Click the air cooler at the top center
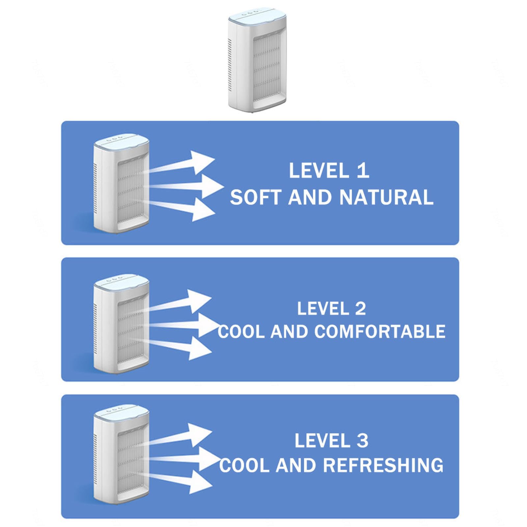click(257, 61)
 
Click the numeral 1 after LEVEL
click(363, 171)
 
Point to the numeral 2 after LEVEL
click(360, 309)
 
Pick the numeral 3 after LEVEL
click(362, 441)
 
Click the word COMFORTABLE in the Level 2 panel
click(380, 331)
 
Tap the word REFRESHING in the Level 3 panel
click(383, 465)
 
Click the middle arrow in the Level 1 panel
click(186, 186)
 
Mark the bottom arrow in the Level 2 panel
click(180, 347)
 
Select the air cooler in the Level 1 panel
click(121, 183)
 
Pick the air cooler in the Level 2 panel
click(121, 323)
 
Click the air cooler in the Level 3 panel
click(121, 454)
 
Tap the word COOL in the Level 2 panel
click(241, 331)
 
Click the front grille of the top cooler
click(266, 64)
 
